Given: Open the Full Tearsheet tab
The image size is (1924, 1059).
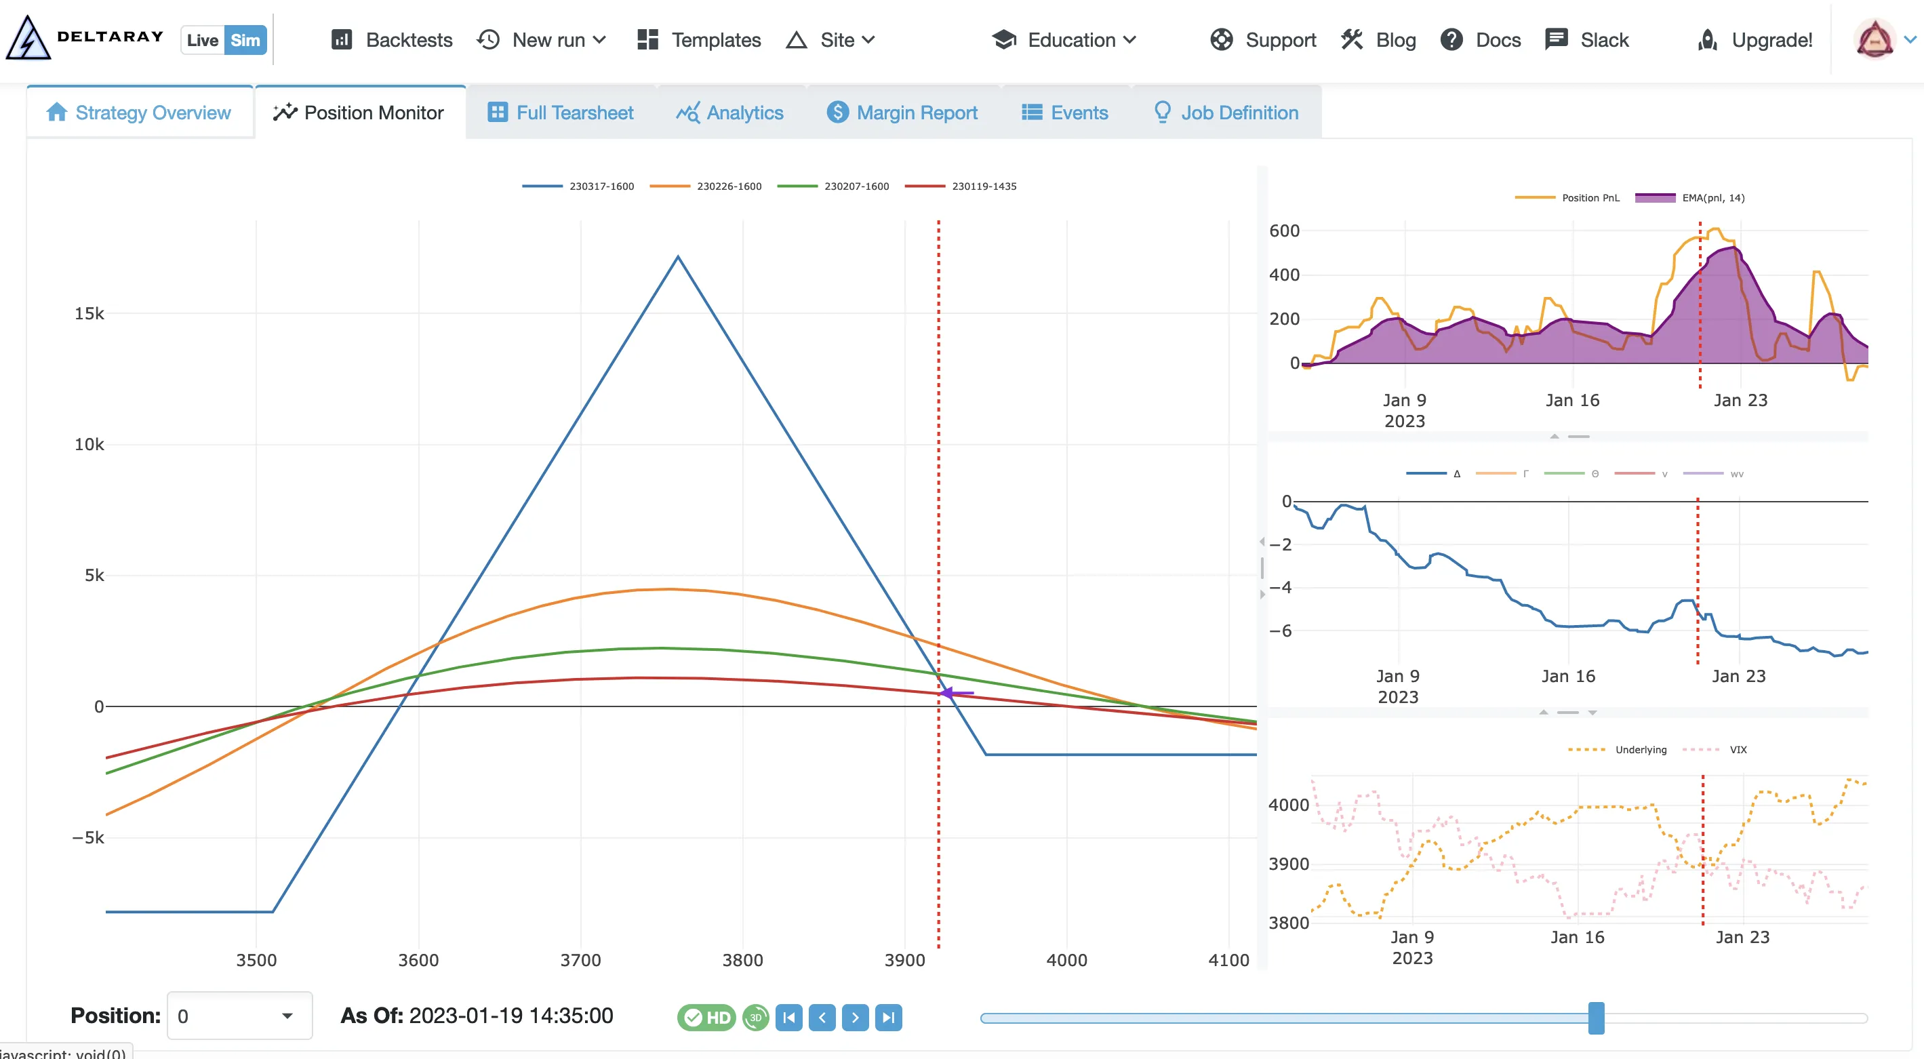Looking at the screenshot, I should pyautogui.click(x=560, y=113).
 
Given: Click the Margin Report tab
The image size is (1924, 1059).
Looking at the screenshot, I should pyautogui.click(x=902, y=113).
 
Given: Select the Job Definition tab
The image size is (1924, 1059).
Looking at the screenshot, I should pyautogui.click(x=1226, y=113).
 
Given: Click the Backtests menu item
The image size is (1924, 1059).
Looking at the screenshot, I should pyautogui.click(x=392, y=39).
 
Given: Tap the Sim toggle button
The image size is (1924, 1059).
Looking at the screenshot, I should pyautogui.click(x=245, y=40).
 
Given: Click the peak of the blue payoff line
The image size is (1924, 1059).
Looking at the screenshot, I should pyautogui.click(x=678, y=257).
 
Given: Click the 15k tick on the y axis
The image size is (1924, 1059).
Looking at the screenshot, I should pyautogui.click(x=89, y=314).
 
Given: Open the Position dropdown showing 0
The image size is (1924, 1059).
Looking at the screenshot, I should pyautogui.click(x=239, y=1016).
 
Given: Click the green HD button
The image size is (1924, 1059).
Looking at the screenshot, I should pyautogui.click(x=706, y=1017).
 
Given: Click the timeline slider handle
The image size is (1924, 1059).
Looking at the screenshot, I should pyautogui.click(x=1596, y=1018).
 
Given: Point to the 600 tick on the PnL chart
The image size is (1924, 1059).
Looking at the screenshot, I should pyautogui.click(x=1284, y=231).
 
